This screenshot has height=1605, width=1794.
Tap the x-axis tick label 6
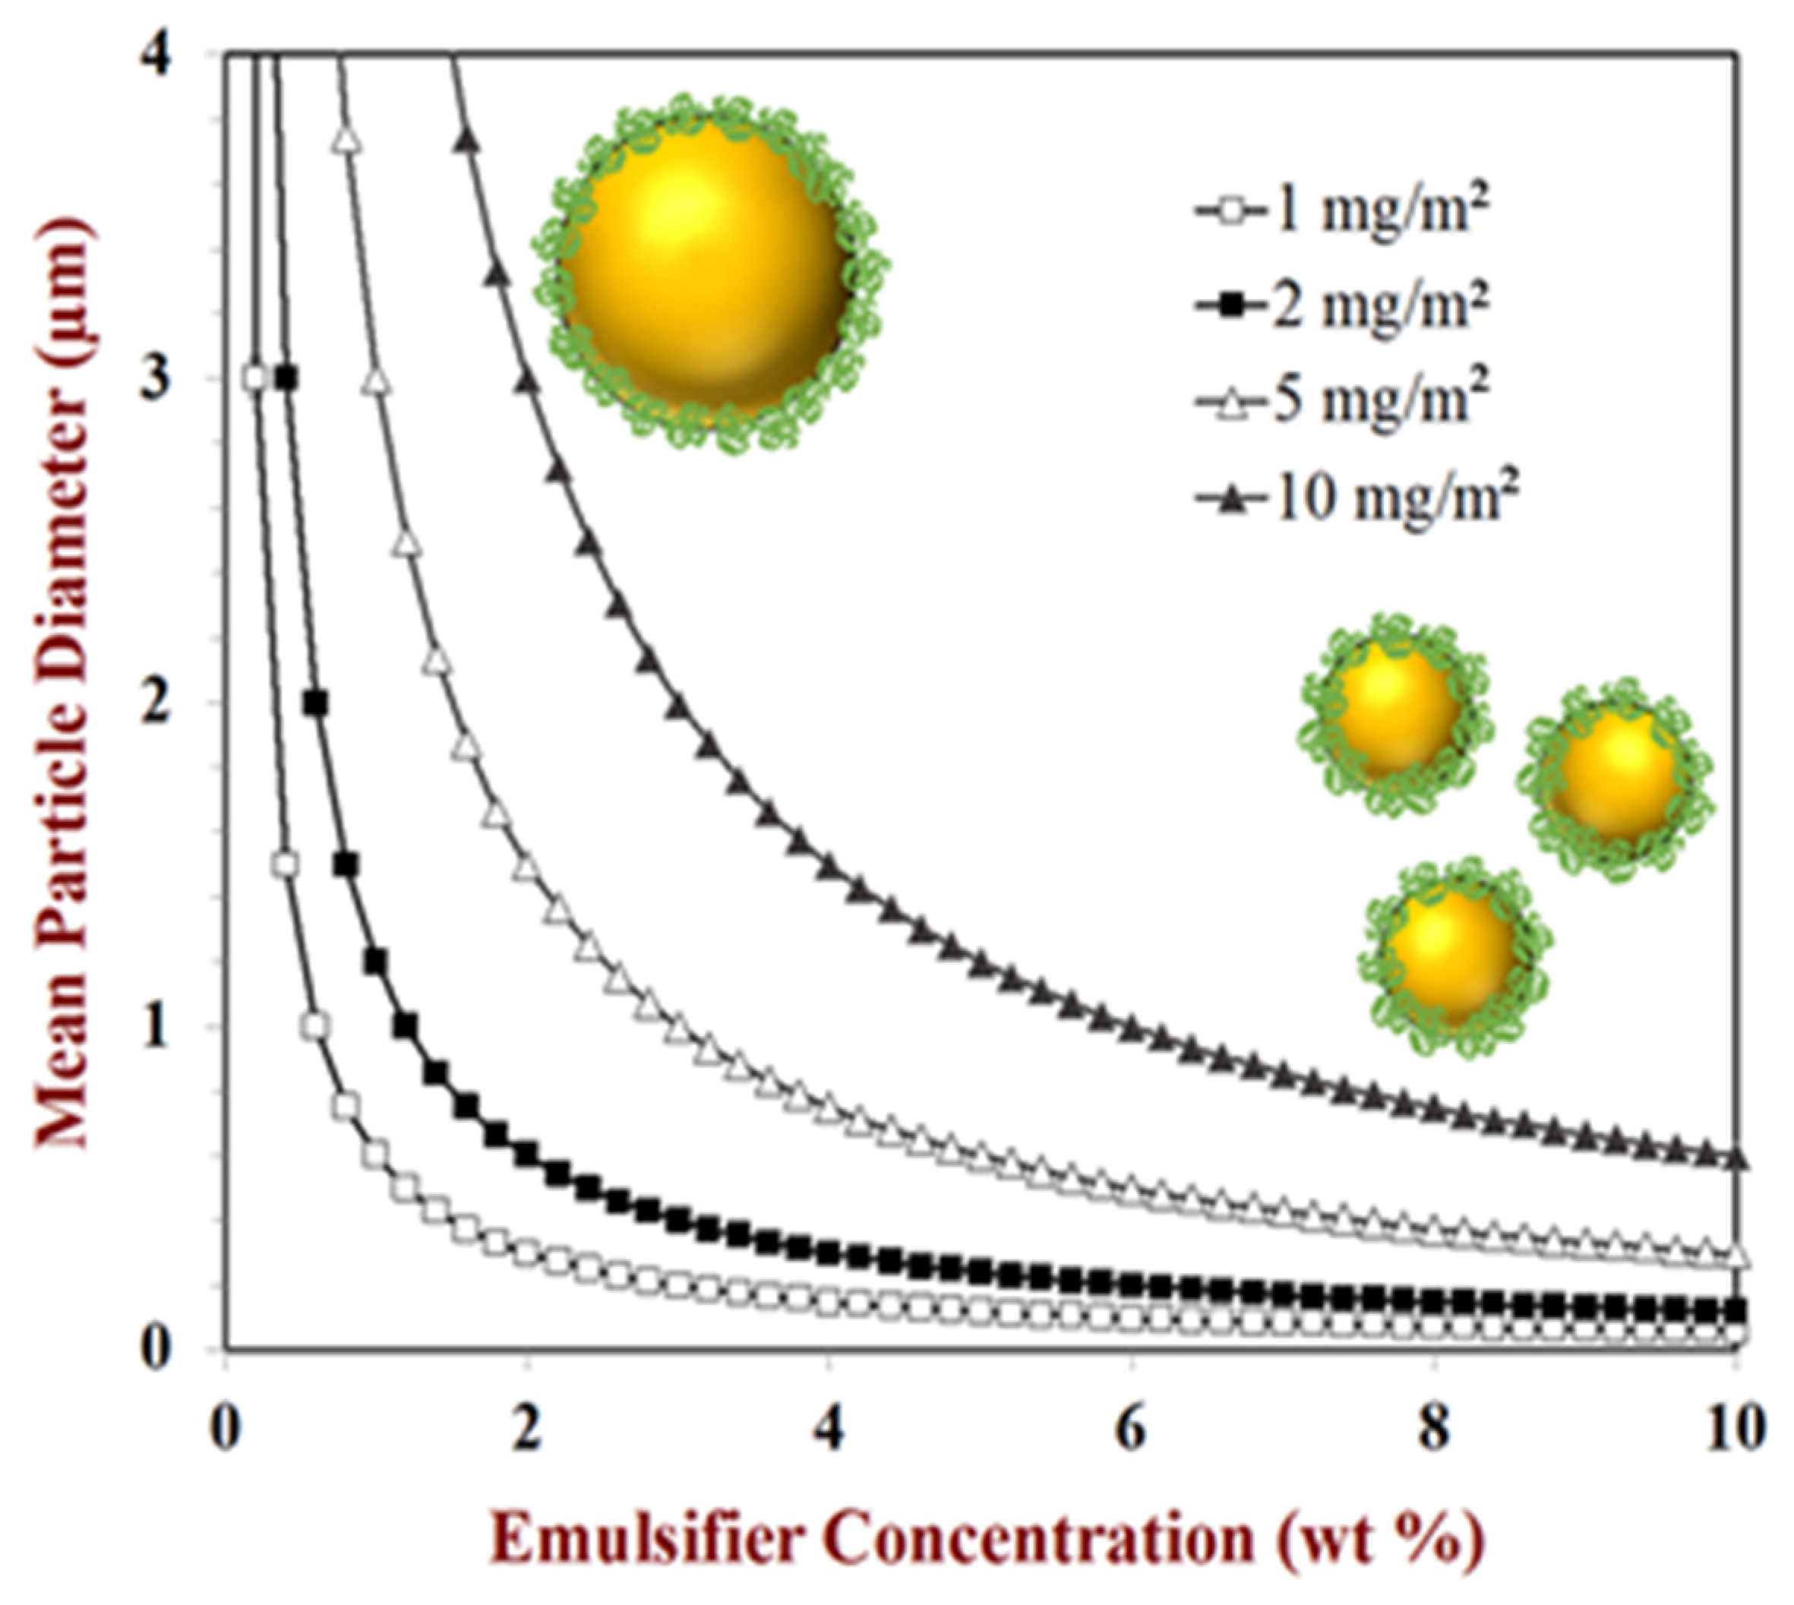pyautogui.click(x=1131, y=1429)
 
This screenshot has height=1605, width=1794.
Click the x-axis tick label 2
pyautogui.click(x=527, y=1429)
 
